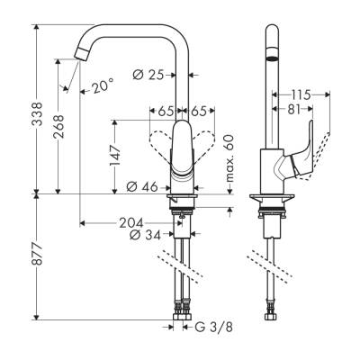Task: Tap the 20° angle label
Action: coord(103,86)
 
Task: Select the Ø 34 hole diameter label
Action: coord(144,236)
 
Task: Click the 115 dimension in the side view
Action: coord(300,94)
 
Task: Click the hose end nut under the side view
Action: coord(272,315)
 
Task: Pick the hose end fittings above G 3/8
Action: coord(184,315)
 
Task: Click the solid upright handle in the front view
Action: coord(184,148)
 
